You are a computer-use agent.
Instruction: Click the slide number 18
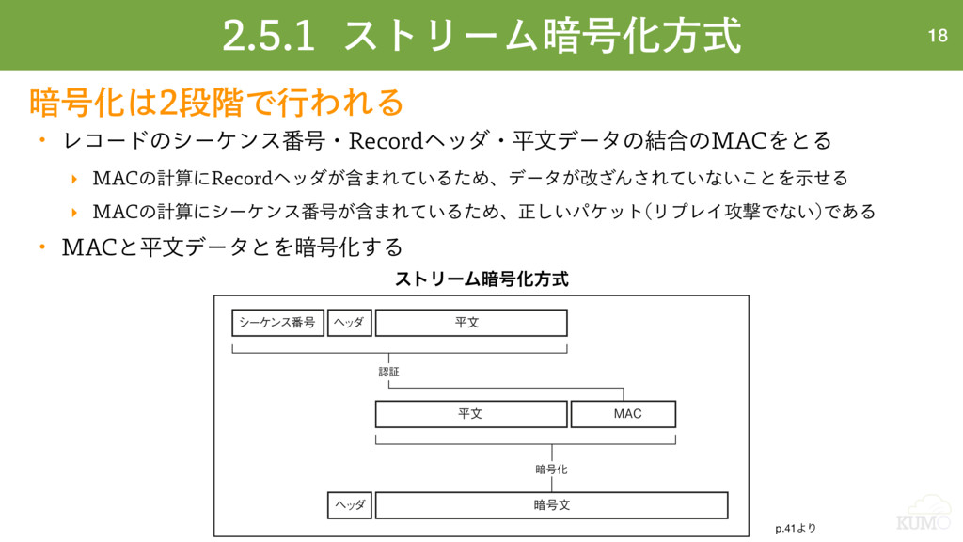pyautogui.click(x=937, y=37)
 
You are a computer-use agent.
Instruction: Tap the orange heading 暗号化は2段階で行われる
pyautogui.click(x=217, y=100)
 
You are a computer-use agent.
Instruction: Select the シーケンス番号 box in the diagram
pyautogui.click(x=277, y=323)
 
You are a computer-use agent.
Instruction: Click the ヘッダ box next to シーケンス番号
pyautogui.click(x=349, y=323)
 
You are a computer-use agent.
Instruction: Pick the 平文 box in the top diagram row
pyautogui.click(x=471, y=323)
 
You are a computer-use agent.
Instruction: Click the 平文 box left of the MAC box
pyautogui.click(x=471, y=414)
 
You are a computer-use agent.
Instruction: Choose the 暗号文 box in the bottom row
pyautogui.click(x=552, y=505)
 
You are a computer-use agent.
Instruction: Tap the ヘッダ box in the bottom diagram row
pyautogui.click(x=349, y=505)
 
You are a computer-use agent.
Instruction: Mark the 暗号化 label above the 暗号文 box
pyautogui.click(x=551, y=469)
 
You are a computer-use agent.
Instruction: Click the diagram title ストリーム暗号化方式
pyautogui.click(x=481, y=279)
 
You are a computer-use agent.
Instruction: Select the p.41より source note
pyautogui.click(x=796, y=528)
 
